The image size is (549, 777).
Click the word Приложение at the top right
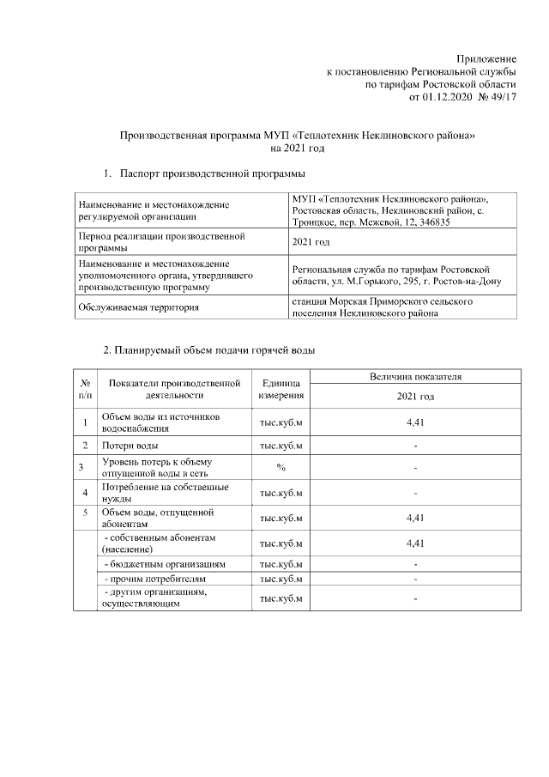[x=487, y=57]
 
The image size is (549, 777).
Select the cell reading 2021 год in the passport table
[x=311, y=242]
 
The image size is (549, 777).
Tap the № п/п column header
[x=85, y=389]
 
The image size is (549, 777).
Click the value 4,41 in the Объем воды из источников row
[x=415, y=422]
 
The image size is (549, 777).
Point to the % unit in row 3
[x=281, y=467]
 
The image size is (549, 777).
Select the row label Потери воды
[x=130, y=446]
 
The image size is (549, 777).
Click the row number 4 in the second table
[x=85, y=493]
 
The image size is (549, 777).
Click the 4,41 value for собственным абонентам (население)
[x=415, y=543]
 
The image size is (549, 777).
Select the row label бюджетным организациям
[x=164, y=565]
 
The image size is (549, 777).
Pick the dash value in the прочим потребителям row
[x=415, y=580]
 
